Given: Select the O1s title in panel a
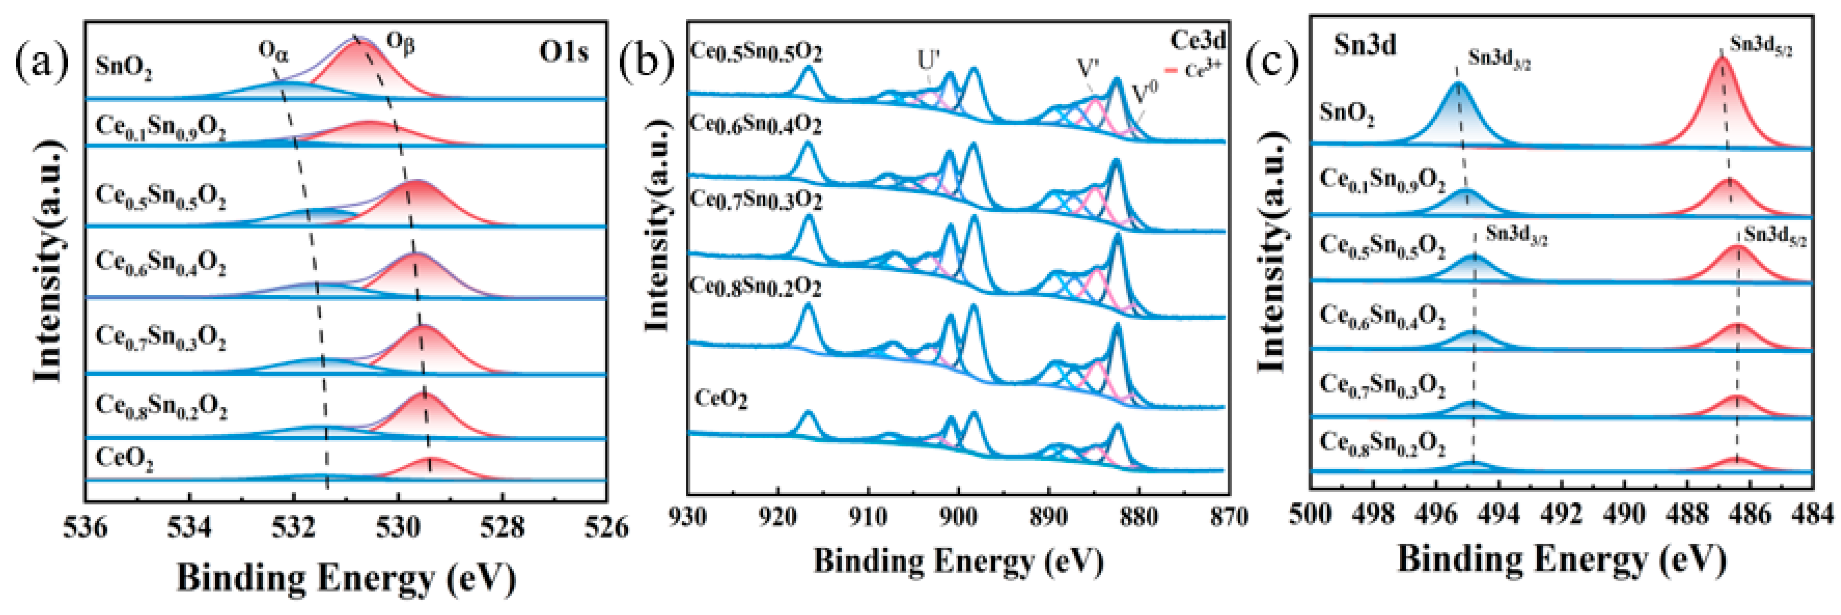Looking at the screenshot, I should (x=564, y=52).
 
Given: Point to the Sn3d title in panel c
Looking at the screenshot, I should (x=1365, y=46).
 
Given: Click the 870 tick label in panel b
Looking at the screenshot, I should (x=1229, y=516).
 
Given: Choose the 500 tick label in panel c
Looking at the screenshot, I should (x=1311, y=514).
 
